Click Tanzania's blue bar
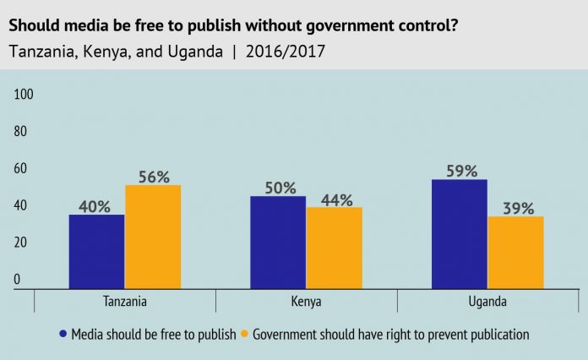click(96, 251)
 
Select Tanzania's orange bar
click(153, 237)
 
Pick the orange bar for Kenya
click(334, 248)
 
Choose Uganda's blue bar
click(459, 234)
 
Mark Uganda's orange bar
click(515, 252)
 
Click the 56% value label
click(153, 177)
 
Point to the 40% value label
click(96, 206)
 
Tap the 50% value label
click(278, 188)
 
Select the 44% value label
click(334, 199)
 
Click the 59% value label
click(459, 171)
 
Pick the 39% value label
click(515, 208)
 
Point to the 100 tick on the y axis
click(24, 95)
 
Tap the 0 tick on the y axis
click(18, 279)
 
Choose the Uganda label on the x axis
click(487, 300)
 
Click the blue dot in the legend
click(63, 334)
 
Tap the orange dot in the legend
click(245, 334)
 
